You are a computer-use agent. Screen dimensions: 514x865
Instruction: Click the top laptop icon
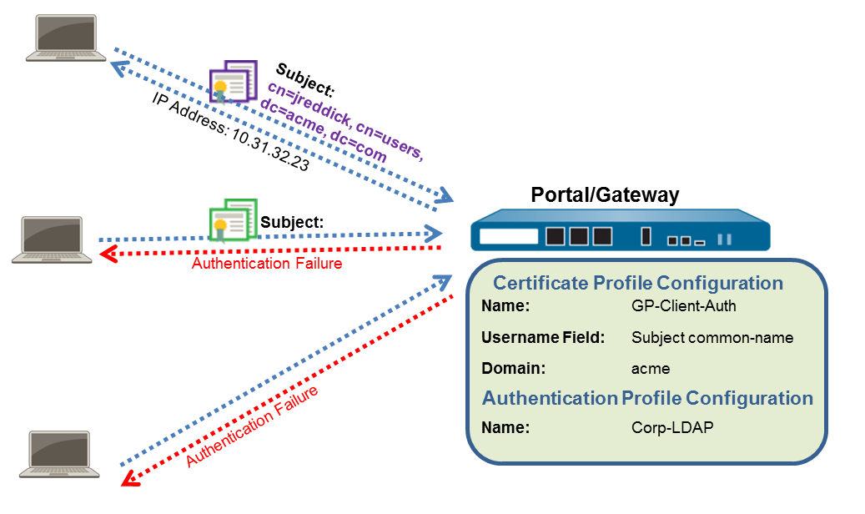65,39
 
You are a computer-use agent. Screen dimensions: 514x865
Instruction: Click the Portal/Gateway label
605,195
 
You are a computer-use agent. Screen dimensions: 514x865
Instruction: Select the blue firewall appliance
620,234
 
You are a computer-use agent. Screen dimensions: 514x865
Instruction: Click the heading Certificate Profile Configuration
637,283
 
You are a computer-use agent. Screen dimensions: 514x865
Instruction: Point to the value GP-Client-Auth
684,306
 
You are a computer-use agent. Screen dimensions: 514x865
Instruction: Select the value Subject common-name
712,338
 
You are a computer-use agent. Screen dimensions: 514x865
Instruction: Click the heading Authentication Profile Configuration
647,398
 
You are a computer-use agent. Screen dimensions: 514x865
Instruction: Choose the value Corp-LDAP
672,428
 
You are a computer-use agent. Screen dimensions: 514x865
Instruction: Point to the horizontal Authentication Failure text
267,264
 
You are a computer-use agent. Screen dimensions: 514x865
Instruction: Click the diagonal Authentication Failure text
251,426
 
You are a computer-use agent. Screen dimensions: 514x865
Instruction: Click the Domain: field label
513,368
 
